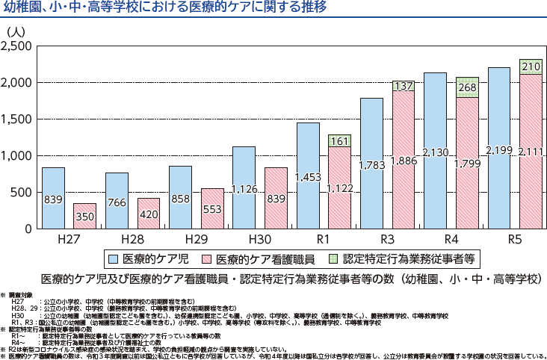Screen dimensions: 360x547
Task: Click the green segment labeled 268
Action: click(x=467, y=87)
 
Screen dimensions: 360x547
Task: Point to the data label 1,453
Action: click(x=308, y=178)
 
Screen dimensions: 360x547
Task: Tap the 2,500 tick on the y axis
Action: click(x=17, y=47)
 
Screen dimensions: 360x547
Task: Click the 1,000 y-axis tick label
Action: click(x=17, y=156)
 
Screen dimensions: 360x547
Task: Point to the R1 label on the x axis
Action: click(x=324, y=240)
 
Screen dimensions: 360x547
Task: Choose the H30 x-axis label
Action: click(x=259, y=240)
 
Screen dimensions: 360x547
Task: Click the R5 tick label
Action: click(x=515, y=240)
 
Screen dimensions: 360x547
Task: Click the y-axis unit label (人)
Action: click(x=16, y=32)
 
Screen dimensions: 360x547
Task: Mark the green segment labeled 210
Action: click(x=531, y=66)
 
